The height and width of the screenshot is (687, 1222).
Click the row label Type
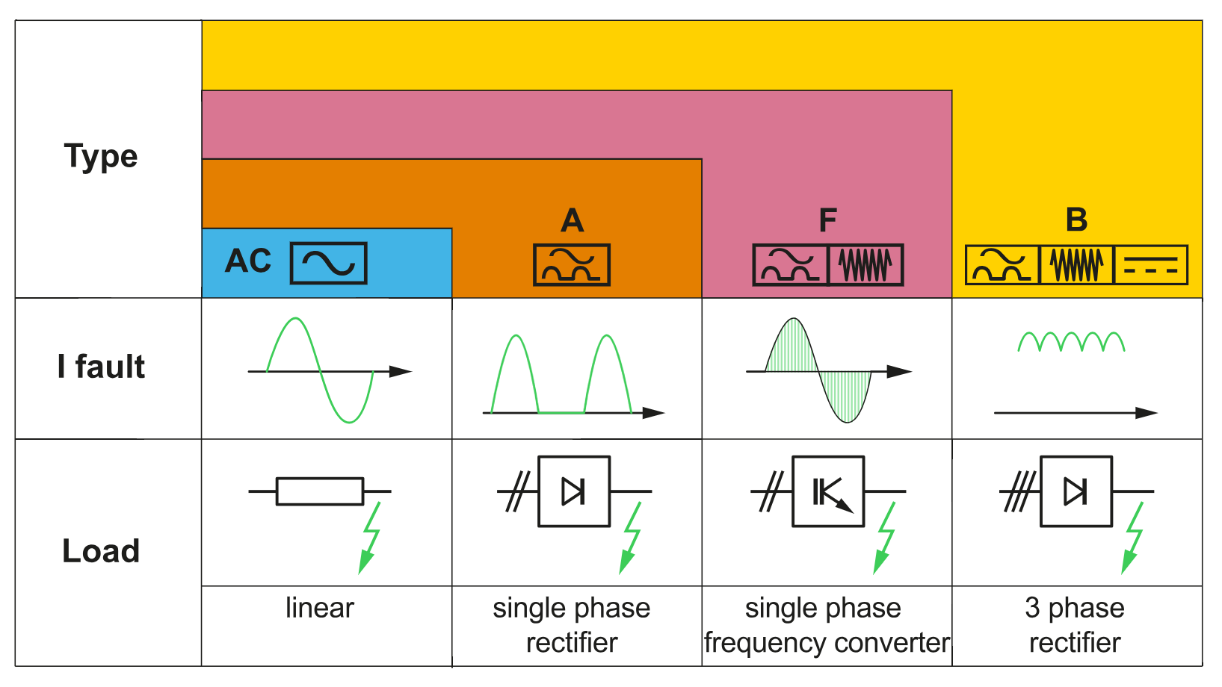coord(101,157)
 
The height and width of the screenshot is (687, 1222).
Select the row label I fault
coord(101,367)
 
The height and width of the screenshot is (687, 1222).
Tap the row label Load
coord(101,551)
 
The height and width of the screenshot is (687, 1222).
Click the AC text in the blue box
coord(248,261)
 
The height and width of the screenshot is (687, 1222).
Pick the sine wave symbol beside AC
coord(328,263)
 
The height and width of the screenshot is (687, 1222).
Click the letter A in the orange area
coord(572,220)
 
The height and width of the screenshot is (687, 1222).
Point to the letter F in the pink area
coord(827,220)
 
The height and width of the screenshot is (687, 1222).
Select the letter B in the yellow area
coord(1076,220)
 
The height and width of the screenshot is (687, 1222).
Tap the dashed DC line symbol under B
coord(1150,265)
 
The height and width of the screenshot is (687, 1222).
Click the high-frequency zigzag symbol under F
coord(865,265)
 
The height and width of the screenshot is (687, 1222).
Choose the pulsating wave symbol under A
coord(572,265)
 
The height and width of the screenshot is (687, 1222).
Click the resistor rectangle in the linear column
coord(320,491)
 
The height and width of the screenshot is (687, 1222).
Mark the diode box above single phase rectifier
coord(574,491)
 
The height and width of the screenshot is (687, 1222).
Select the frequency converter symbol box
coord(828,491)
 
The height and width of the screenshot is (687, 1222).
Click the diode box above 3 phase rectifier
coord(1076,491)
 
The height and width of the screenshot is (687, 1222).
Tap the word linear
coord(320,608)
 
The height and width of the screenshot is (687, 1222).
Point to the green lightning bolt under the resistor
coord(370,538)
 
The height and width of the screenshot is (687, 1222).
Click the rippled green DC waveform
coord(1071,342)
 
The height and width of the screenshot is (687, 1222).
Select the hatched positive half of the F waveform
coord(792,347)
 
